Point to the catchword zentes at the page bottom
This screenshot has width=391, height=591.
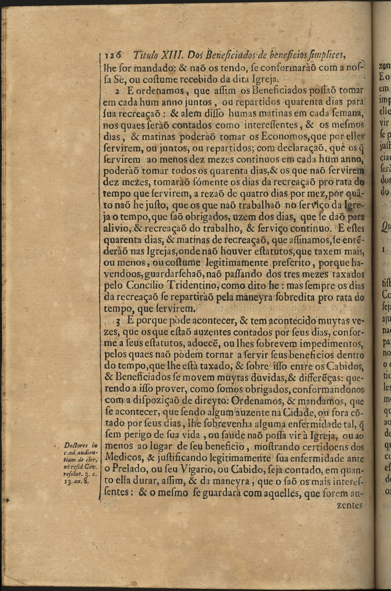point(350,505)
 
